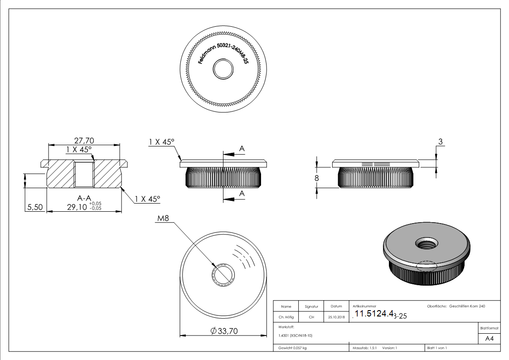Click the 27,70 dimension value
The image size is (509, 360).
[83, 141]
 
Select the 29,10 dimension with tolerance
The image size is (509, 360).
[84, 207]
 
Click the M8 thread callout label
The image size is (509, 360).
[163, 219]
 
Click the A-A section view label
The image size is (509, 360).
[84, 198]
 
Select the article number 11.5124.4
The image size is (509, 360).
[373, 315]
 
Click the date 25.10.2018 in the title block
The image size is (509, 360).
[336, 317]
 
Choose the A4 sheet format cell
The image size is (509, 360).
[489, 339]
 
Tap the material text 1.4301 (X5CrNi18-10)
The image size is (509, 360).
[296, 336]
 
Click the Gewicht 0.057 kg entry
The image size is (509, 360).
[292, 348]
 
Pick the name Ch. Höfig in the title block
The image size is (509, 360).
[286, 317]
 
